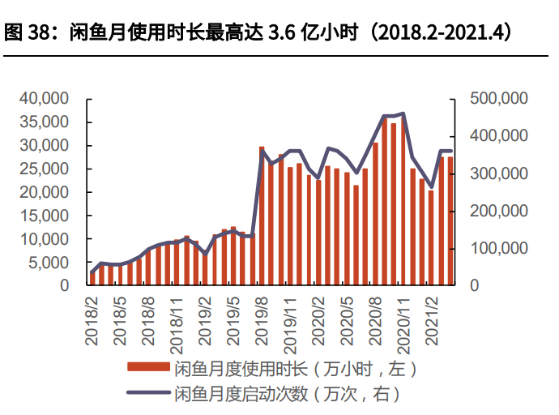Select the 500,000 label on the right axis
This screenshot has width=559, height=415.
click(x=499, y=99)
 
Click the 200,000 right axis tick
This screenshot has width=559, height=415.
click(x=499, y=211)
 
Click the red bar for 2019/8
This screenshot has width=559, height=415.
click(x=262, y=216)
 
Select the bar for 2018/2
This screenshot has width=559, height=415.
click(x=93, y=278)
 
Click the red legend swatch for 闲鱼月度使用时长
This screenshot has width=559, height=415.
click(x=148, y=369)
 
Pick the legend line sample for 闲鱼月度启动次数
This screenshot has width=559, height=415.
click(x=148, y=395)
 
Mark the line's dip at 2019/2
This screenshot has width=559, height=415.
click(x=206, y=254)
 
